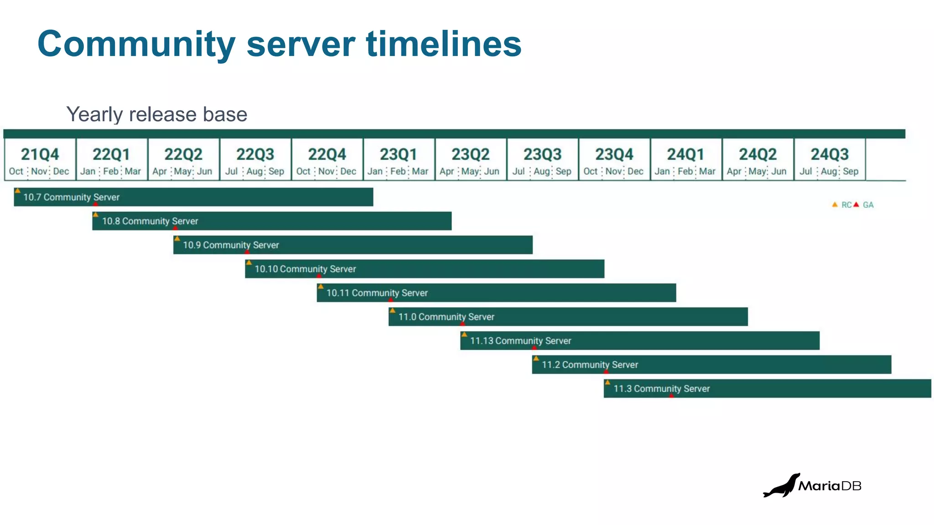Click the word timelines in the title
point(443,44)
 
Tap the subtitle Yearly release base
point(156,114)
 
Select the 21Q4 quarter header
point(40,154)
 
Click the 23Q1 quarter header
point(398,154)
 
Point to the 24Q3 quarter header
point(829,154)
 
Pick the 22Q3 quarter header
point(255,154)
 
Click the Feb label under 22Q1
point(111,171)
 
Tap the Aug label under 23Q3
point(542,171)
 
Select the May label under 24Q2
point(757,171)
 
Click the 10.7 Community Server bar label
point(71,197)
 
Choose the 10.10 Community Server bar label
point(305,269)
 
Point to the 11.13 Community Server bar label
point(520,341)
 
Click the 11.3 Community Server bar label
point(661,389)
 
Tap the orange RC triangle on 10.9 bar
point(177,238)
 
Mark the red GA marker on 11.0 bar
point(462,324)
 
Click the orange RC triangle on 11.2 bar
point(536,358)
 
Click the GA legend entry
point(865,205)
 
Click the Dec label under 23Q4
point(635,171)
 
